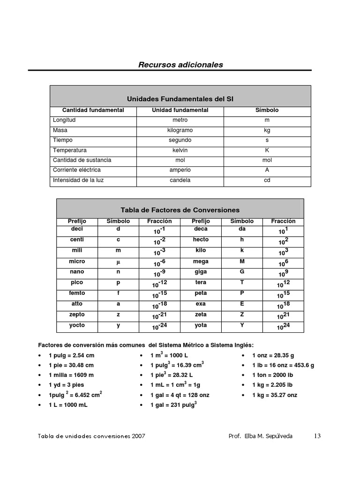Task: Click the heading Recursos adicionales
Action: [180, 65]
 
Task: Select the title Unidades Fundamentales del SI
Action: [180, 99]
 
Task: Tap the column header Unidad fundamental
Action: [180, 110]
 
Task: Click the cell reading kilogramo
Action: [180, 130]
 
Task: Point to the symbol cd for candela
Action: [267, 180]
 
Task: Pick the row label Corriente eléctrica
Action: [77, 170]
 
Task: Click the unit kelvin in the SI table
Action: [180, 150]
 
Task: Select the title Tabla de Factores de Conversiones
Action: [180, 210]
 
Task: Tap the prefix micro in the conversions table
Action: [77, 262]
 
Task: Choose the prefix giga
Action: [201, 272]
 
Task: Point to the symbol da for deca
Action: [242, 229]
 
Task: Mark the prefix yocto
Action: [77, 325]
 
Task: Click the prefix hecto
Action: [201, 240]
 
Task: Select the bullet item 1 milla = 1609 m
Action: [71, 375]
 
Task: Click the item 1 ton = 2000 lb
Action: [272, 375]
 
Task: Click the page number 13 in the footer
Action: [317, 436]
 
